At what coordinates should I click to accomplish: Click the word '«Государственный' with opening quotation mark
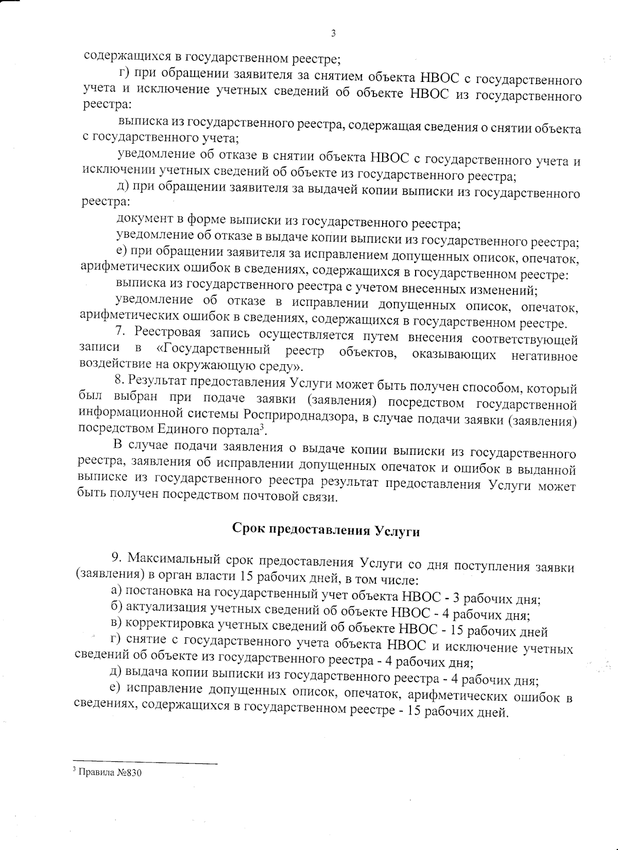tap(213, 350)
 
